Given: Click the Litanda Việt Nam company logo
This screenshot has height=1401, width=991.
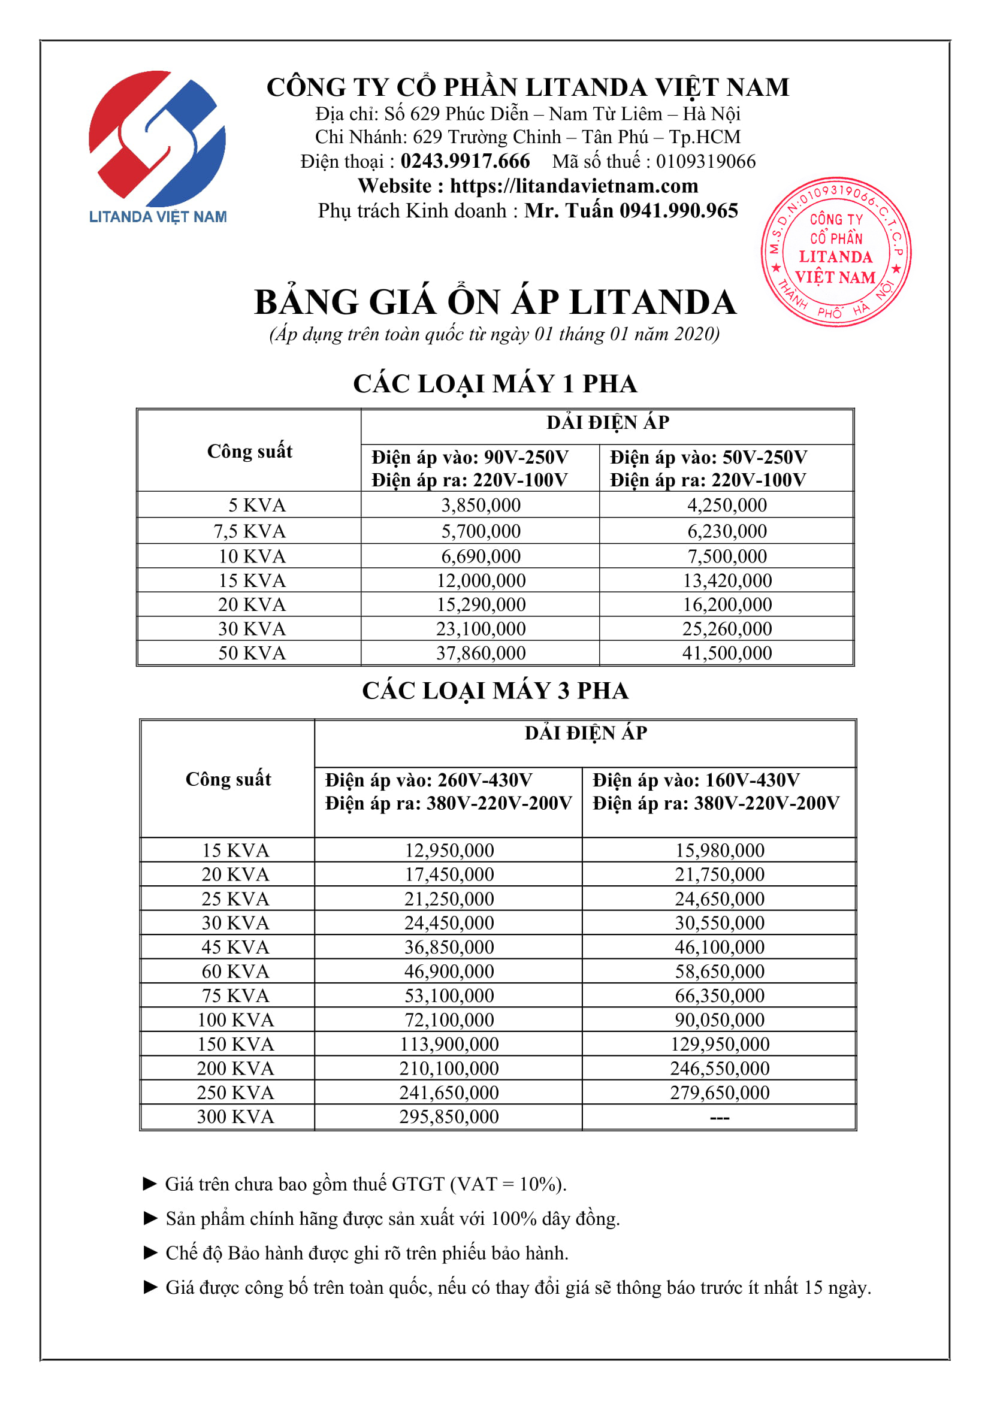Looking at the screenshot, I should [x=158, y=146].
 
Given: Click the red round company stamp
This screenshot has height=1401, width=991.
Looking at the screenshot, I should [x=835, y=252].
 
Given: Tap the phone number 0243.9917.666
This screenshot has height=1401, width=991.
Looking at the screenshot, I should [x=465, y=161].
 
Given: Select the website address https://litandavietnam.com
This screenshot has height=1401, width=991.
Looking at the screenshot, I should [x=573, y=186].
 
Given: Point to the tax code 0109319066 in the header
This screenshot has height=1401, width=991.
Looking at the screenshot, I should [x=705, y=161].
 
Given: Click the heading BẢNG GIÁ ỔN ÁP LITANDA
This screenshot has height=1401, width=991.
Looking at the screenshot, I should [x=495, y=302].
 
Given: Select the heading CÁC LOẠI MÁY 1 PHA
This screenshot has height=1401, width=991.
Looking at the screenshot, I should [x=495, y=384].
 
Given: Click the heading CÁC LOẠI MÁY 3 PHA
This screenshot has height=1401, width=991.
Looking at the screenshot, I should [x=495, y=691].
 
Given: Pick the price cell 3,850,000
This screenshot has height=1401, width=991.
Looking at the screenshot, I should [x=481, y=506].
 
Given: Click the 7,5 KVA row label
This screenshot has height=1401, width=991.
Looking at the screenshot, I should [x=250, y=531].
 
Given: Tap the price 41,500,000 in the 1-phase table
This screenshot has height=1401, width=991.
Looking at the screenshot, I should [x=727, y=653].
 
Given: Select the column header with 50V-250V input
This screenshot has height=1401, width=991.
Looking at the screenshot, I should [x=708, y=468].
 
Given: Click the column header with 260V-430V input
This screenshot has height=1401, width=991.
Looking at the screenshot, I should [x=448, y=791].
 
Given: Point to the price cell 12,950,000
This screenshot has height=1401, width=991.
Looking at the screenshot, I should [x=449, y=850].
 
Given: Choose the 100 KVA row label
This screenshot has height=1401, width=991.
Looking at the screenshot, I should [x=235, y=1019].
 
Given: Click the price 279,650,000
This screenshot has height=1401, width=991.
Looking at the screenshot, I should [x=720, y=1093].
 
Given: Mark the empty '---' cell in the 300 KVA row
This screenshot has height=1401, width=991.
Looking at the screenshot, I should [x=720, y=1117].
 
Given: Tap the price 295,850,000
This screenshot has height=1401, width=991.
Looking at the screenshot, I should [x=449, y=1116].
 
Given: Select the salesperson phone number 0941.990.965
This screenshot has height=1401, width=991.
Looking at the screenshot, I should [x=679, y=210].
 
